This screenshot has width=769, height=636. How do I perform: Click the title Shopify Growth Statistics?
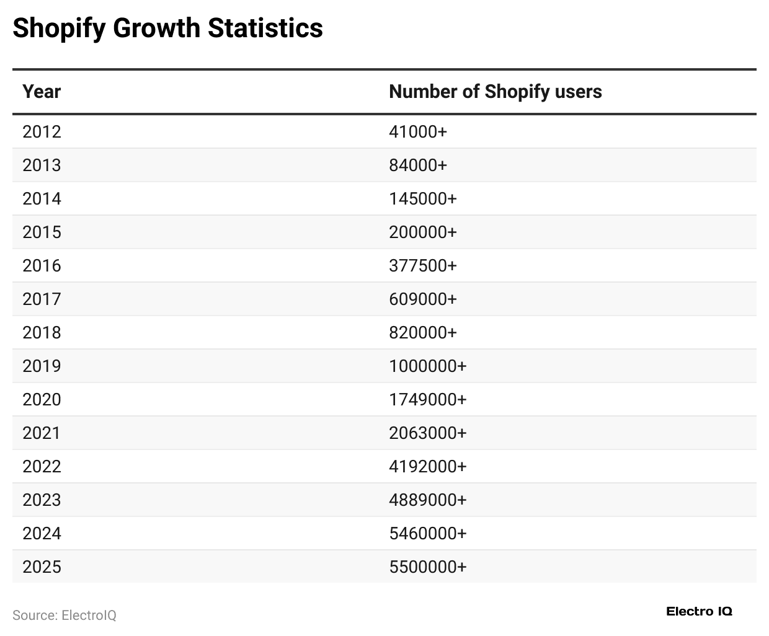[x=167, y=29]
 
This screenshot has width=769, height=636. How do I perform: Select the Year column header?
[x=42, y=92]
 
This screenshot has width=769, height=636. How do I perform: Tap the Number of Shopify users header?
[x=495, y=92]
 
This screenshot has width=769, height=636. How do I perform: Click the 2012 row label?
[x=42, y=132]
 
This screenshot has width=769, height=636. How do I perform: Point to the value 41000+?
[x=417, y=132]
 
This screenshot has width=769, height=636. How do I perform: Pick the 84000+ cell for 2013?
[x=417, y=166]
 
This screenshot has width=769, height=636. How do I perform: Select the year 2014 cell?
[x=42, y=199]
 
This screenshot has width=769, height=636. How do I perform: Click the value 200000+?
[x=422, y=232]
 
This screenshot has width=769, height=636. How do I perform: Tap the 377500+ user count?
[x=422, y=266]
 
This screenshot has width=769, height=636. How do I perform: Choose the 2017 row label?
[x=42, y=299]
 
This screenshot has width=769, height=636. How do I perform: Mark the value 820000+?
[x=422, y=333]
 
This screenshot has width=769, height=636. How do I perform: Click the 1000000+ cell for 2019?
[x=427, y=366]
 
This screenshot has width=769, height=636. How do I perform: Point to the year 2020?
[x=42, y=400]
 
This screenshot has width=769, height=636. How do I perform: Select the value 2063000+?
[x=427, y=433]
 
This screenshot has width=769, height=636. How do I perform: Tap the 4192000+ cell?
[x=427, y=467]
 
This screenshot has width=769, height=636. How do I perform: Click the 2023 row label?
[x=42, y=500]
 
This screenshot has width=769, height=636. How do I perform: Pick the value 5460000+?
[x=427, y=534]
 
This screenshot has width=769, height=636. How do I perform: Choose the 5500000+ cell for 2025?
[x=427, y=567]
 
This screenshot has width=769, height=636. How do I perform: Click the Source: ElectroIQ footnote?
[x=64, y=616]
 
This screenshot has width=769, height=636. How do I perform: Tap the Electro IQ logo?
[x=699, y=612]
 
